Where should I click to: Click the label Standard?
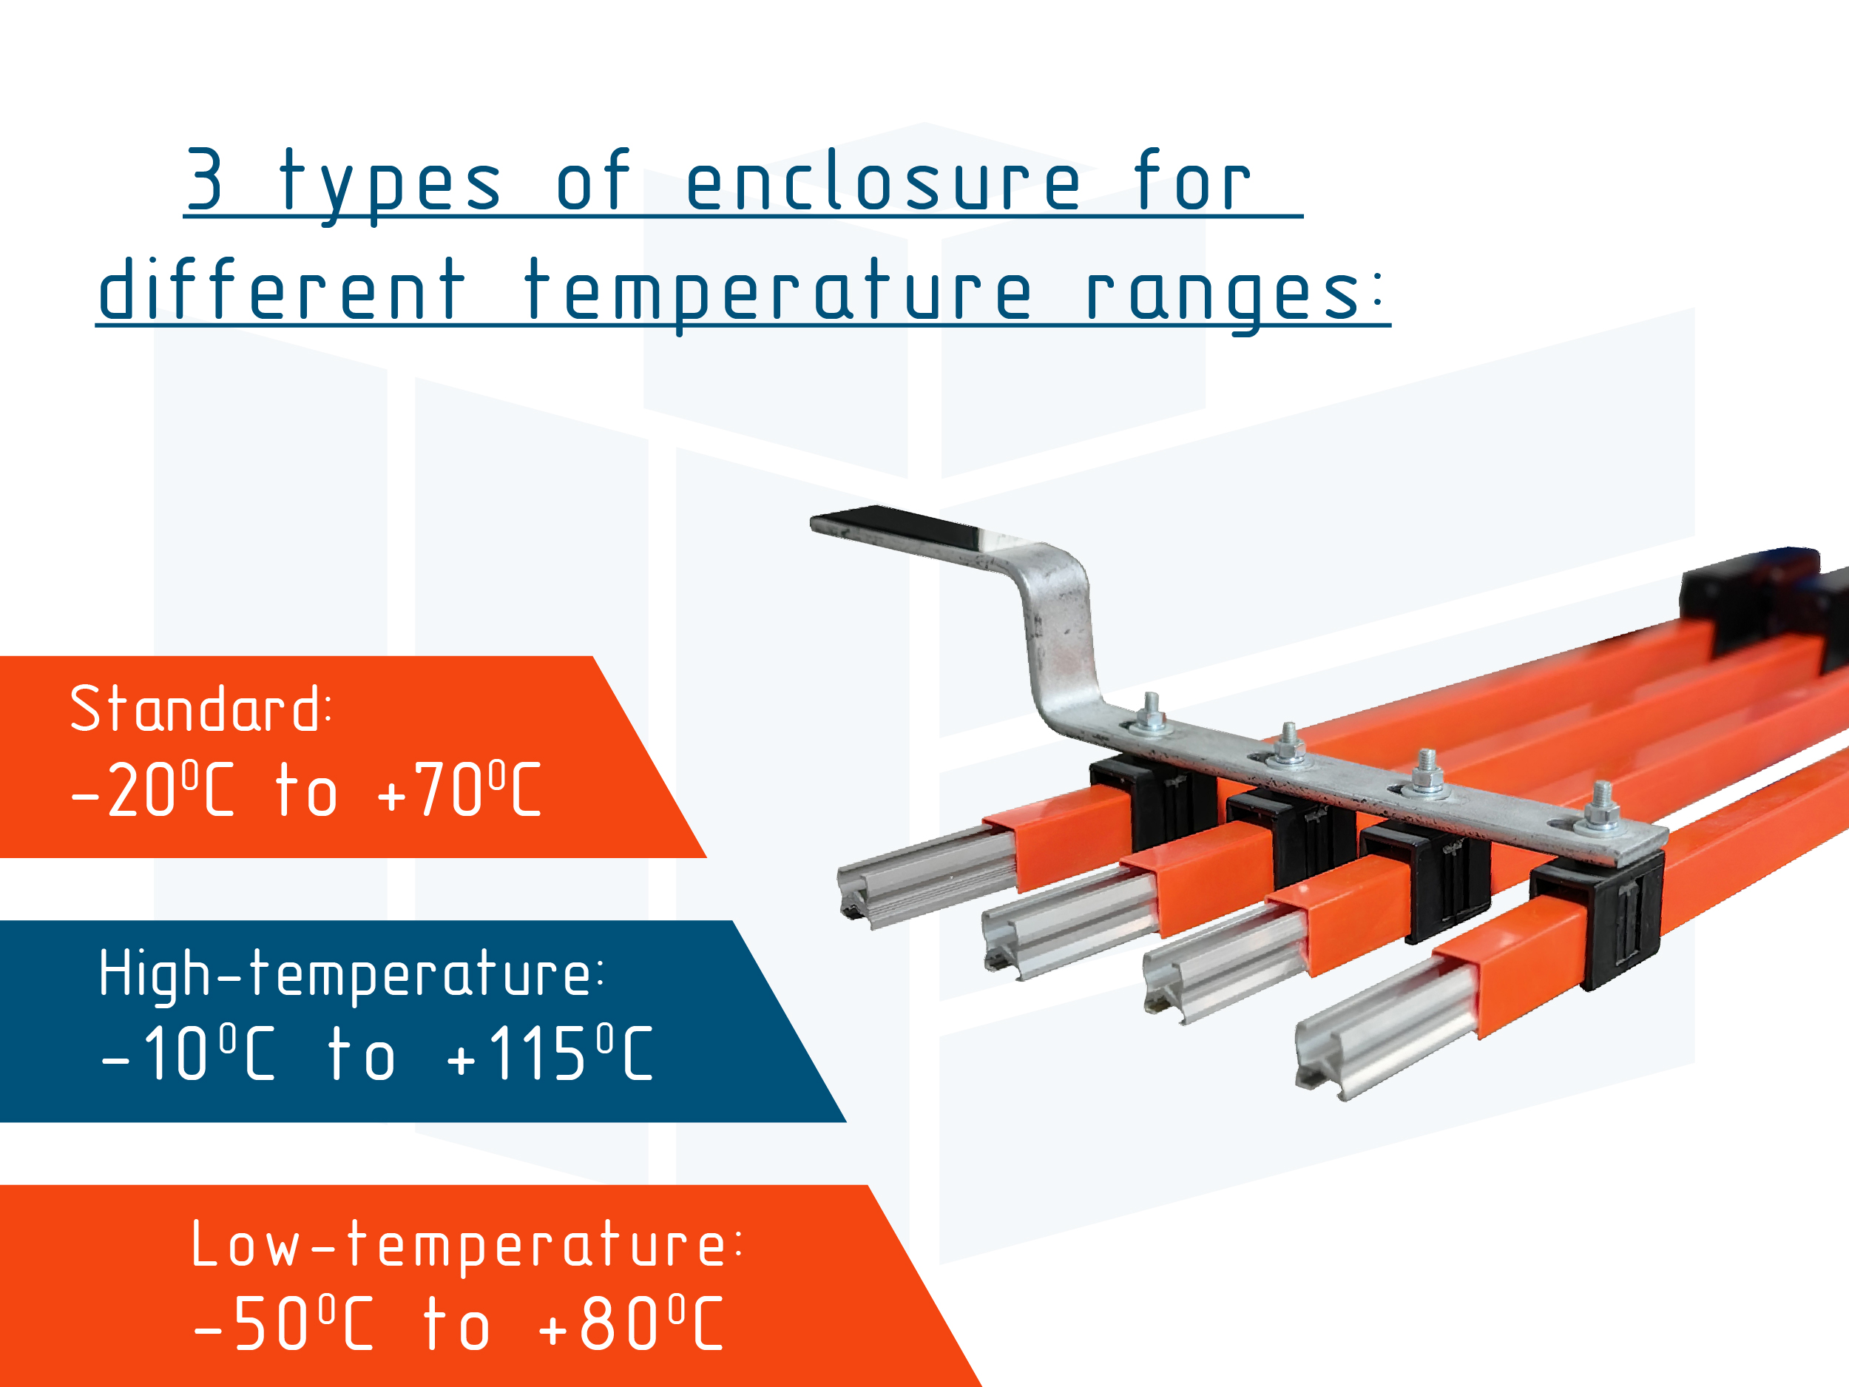(200, 708)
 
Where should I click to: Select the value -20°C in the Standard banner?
(153, 789)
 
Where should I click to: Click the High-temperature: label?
(351, 974)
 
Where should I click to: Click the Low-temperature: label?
(467, 1244)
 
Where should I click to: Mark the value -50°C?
(283, 1323)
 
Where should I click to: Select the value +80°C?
(630, 1323)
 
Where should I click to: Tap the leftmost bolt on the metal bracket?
(1151, 715)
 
